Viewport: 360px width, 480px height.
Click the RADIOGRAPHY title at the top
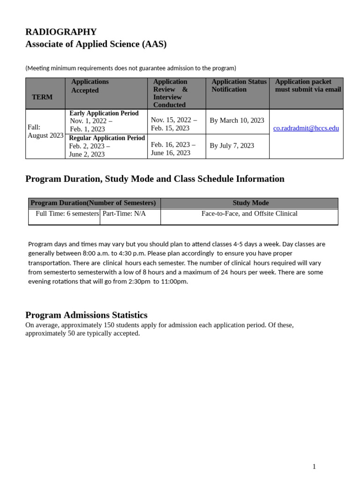(x=61, y=32)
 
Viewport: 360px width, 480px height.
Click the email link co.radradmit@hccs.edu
(x=306, y=128)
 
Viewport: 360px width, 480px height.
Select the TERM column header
(x=42, y=97)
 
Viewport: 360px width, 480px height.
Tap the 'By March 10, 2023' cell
(x=237, y=120)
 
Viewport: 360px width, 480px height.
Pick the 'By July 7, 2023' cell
(x=232, y=146)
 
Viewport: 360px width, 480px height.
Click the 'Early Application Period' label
(x=104, y=113)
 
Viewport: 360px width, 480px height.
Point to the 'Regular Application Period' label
(x=107, y=138)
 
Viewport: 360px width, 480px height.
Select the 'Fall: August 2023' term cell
(x=45, y=131)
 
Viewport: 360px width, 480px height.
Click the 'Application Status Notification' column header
(x=239, y=85)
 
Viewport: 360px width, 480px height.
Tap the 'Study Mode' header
(x=251, y=203)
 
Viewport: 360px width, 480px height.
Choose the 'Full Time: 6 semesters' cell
(x=67, y=214)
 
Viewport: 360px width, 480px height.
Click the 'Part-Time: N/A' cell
(x=124, y=214)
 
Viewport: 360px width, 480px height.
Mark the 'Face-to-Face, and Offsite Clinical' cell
(x=249, y=214)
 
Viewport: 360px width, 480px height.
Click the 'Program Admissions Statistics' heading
(x=86, y=315)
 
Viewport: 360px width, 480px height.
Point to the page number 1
(x=314, y=466)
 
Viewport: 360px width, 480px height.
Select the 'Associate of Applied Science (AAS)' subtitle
(x=96, y=44)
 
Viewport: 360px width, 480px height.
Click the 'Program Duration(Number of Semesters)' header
(x=93, y=203)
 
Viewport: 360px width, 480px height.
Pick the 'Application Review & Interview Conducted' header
(x=170, y=93)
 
